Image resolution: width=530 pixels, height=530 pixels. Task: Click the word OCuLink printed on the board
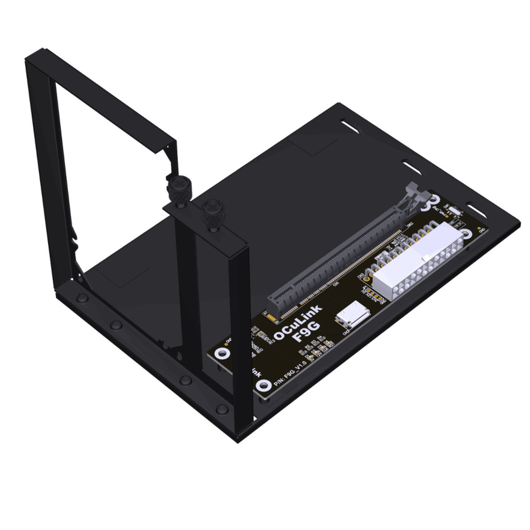click(298, 321)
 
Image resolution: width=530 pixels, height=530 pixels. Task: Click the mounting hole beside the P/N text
click(264, 385)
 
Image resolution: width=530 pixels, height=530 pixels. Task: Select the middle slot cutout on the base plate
click(413, 167)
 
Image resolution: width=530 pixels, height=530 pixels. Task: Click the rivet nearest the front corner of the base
click(222, 409)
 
